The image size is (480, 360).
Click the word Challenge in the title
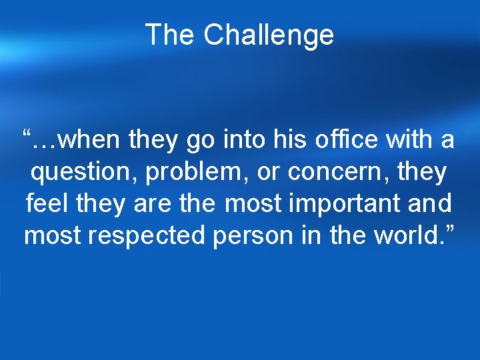pyautogui.click(x=269, y=35)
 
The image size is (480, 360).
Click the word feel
pyautogui.click(x=44, y=203)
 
